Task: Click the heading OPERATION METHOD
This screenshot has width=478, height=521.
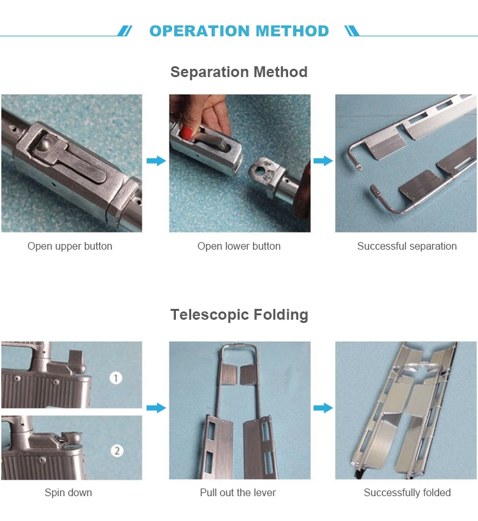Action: [x=239, y=31]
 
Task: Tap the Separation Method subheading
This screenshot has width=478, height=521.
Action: [x=239, y=72]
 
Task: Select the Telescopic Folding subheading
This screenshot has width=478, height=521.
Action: [x=240, y=315]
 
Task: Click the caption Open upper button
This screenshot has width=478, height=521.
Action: [x=70, y=246]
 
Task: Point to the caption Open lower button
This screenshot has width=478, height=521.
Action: [x=239, y=246]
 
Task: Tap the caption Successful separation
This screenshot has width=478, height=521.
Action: [x=407, y=246]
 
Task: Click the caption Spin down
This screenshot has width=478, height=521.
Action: [x=68, y=492]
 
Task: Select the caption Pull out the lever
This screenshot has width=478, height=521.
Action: [x=238, y=492]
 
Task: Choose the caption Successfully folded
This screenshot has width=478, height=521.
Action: [x=407, y=492]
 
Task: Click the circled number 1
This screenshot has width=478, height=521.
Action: [x=116, y=378]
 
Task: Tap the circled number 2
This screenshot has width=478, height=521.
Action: [x=117, y=451]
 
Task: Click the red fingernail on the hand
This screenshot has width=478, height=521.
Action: [x=186, y=133]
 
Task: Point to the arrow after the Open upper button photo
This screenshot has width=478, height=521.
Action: [x=156, y=161]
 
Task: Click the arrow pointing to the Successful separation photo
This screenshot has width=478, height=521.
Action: [x=323, y=161]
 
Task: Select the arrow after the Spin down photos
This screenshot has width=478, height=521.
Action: [x=156, y=408]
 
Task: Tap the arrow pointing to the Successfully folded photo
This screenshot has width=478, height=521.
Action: [x=323, y=408]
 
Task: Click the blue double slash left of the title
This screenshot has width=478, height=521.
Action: [x=125, y=31]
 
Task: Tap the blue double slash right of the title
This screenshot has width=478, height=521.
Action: [x=352, y=31]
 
